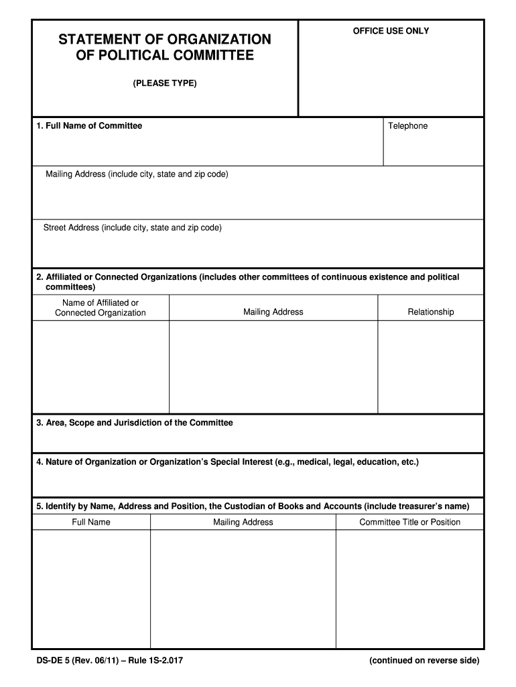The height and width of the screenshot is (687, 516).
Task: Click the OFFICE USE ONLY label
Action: click(391, 31)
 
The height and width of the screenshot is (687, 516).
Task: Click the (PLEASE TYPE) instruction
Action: click(164, 83)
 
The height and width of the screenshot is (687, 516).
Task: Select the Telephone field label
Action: click(407, 126)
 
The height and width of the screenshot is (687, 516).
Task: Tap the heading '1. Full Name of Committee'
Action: click(89, 126)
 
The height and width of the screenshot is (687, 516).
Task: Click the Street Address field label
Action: click(132, 228)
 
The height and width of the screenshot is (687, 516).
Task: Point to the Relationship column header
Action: click(430, 312)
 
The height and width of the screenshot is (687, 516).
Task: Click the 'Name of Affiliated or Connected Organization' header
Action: click(101, 308)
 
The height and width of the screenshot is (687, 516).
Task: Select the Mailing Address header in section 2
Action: click(273, 312)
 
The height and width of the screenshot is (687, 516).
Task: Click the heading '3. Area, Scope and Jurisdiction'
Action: click(135, 423)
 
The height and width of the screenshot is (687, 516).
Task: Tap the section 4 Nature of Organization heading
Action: click(227, 462)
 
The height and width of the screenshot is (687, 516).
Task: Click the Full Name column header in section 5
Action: click(91, 522)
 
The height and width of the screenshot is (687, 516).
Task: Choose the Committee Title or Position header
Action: click(409, 522)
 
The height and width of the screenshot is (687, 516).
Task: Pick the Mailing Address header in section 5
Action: click(243, 522)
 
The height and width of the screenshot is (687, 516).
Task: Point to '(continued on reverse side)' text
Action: click(424, 661)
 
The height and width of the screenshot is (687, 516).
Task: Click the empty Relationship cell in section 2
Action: click(430, 366)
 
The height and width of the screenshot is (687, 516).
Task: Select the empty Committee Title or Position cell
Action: click(409, 588)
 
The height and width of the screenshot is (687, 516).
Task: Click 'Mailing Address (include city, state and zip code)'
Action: click(137, 174)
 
